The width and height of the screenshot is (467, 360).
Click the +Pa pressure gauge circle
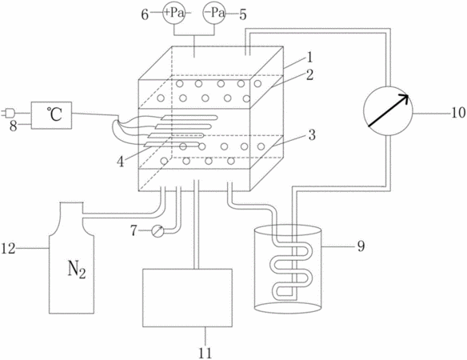pos(174,13)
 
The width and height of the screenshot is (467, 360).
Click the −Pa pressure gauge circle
pos(214,13)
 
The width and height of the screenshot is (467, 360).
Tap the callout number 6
pos(145,14)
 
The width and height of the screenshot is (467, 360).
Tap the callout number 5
pos(243,14)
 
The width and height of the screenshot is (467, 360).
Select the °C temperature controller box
pos(51,115)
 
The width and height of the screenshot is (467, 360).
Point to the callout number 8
pos(14,126)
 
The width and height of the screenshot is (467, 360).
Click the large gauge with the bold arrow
pos(388,111)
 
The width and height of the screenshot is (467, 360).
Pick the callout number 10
pos(458,113)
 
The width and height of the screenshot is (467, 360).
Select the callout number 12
pos(8,248)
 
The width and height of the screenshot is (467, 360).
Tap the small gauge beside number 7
pos(158,231)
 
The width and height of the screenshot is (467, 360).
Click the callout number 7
pos(134,230)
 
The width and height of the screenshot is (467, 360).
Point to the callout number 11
pos(205,353)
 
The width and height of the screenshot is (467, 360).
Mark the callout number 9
pos(361,246)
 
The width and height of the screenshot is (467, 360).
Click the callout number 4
pos(121,162)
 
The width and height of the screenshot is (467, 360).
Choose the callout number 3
pos(312,135)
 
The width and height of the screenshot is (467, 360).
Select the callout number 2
pos(309,75)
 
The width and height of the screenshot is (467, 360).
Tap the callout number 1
pos(309,58)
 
